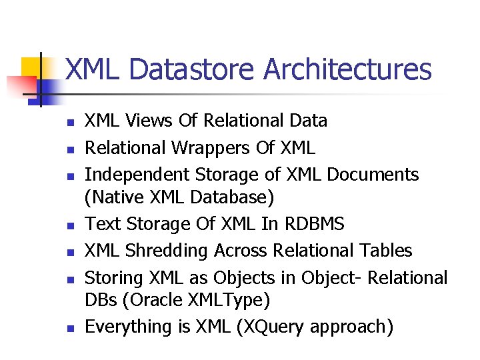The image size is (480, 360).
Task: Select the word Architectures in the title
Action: click(x=347, y=69)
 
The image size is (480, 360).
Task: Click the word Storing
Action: click(x=113, y=277)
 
